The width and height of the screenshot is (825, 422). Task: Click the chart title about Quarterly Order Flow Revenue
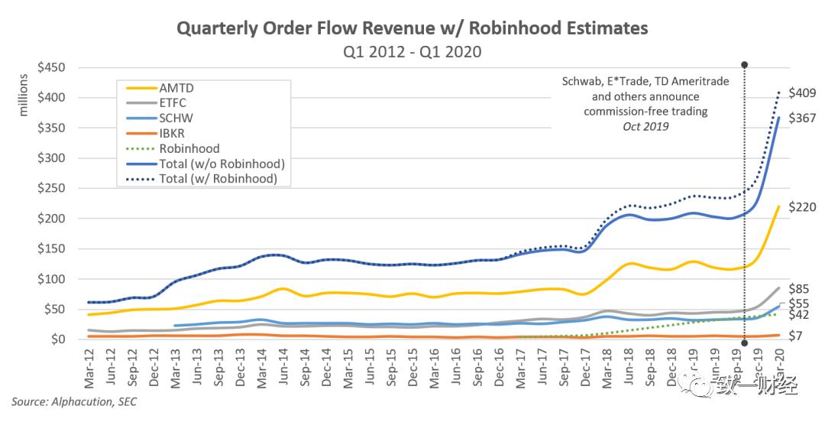412,28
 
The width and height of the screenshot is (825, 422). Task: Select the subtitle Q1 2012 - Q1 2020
412,51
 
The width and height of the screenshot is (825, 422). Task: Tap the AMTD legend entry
176,87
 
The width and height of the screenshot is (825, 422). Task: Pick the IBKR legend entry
175,134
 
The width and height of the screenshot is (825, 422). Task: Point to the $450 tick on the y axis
52,67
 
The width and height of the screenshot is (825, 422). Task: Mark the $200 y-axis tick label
52,218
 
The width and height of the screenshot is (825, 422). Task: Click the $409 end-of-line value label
802,93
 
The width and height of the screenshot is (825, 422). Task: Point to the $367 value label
802,118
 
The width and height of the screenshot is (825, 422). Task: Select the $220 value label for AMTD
802,207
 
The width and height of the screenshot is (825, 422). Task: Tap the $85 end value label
799,289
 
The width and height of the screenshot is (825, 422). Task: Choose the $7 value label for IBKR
796,336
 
